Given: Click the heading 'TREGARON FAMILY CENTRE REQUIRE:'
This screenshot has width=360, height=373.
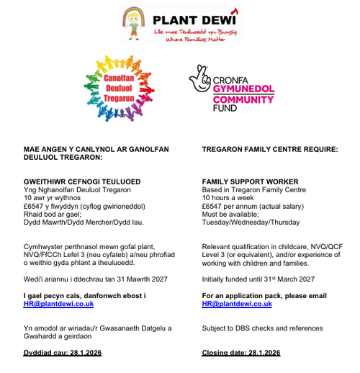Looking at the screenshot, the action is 269,149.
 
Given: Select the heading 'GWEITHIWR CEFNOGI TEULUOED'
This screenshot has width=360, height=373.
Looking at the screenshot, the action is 82,181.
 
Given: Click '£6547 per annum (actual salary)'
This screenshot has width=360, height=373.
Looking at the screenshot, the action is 253,206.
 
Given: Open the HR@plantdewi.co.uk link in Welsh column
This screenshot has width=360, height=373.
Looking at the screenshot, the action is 58,304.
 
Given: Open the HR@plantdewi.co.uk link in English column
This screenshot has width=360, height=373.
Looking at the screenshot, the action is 237,304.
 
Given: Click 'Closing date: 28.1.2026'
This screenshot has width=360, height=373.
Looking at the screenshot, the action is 241,353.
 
